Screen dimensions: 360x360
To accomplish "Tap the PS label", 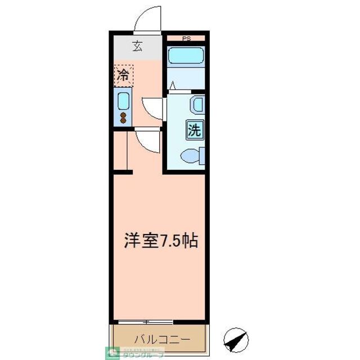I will click(186, 38).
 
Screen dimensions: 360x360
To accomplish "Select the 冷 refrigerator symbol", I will click(123, 75).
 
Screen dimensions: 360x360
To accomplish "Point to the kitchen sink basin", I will click(123, 101).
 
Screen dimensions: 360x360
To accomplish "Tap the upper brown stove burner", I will click(123, 114).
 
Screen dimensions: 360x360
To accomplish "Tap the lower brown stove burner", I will click(123, 120).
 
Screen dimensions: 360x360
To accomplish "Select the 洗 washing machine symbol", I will click(194, 130).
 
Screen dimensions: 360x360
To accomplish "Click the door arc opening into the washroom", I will click(152, 107).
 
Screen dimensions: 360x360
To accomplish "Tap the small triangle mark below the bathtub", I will click(173, 85).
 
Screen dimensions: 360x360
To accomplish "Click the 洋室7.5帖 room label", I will click(160, 241).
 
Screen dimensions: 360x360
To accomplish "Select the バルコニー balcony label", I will click(162, 339).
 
